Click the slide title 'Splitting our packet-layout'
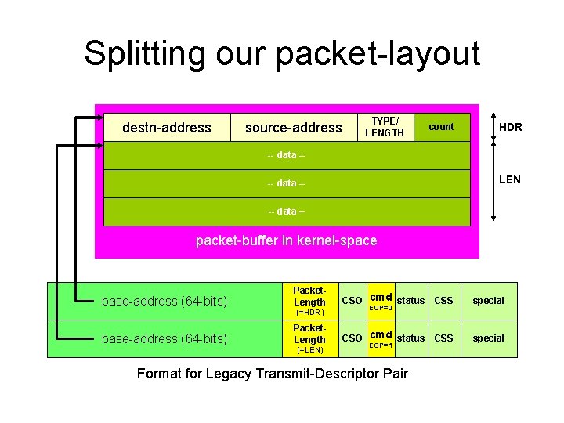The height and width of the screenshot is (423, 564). pos(282,54)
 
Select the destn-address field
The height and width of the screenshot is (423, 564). pos(167,127)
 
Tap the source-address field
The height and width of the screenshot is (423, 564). pos(293,127)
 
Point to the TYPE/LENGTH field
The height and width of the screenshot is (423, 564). pos(385,127)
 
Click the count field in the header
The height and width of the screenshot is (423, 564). pos(441,126)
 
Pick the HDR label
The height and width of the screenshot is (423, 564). pos(511,127)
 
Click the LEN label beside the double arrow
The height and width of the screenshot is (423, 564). pos(509,179)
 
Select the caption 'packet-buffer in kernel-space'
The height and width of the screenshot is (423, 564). pos(286,240)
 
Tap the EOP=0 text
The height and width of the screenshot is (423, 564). pos(380,308)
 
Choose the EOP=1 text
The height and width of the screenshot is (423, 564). pos(380,345)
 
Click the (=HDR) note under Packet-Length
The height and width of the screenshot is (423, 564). pos(309,313)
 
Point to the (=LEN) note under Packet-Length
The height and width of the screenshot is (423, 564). pos(309,350)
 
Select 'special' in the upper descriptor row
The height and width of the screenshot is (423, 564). pos(489,301)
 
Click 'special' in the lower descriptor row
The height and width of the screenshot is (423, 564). pos(489,338)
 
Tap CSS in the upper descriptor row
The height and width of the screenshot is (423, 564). pos(443,300)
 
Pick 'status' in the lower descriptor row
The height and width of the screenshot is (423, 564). pos(410,338)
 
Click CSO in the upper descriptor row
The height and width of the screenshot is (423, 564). pos(352,301)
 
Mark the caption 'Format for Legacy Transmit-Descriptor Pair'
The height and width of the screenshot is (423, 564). pos(273,374)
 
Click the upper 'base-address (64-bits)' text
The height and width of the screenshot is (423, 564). pos(164,301)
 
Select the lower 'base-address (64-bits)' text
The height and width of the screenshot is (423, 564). pos(164,338)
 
